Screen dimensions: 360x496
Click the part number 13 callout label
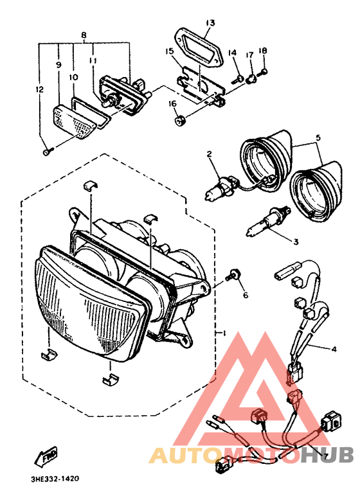[x=210, y=22]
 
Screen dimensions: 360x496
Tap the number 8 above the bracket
[x=84, y=35]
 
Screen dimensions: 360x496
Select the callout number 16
[x=172, y=103]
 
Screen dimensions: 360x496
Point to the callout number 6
[x=246, y=295]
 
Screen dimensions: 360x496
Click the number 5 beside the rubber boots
[x=318, y=137]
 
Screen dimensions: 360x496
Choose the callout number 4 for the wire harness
[x=333, y=349]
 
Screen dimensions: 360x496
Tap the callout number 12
[x=39, y=90]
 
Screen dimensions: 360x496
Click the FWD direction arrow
[x=46, y=457]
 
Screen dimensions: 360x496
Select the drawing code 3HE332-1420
[x=55, y=479]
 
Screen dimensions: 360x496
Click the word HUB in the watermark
[x=327, y=455]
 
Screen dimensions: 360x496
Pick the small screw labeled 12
[x=46, y=152]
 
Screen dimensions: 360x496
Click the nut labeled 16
[x=180, y=121]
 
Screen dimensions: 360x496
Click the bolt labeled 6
[x=233, y=274]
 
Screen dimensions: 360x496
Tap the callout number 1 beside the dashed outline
[x=224, y=333]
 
